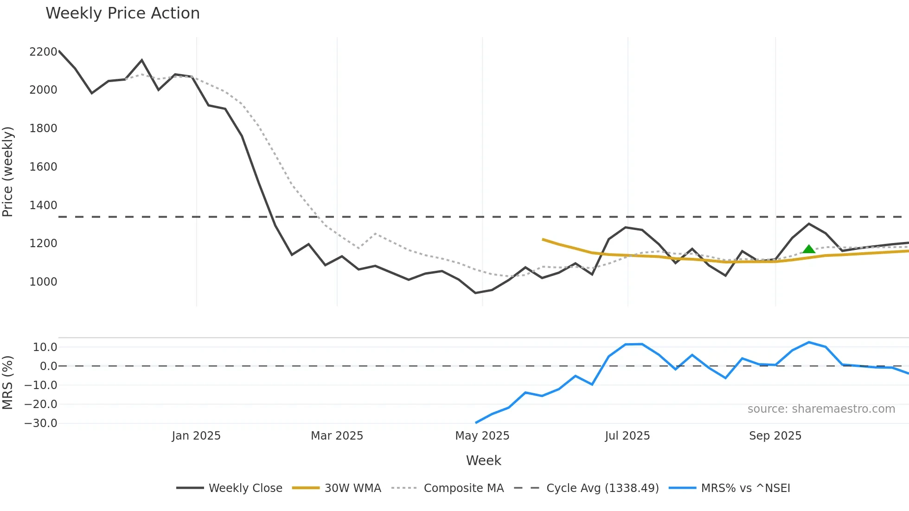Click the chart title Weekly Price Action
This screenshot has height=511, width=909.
pos(122,13)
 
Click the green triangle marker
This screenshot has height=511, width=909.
pos(809,249)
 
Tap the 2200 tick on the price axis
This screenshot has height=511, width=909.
pos(43,52)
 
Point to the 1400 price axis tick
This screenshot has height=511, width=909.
pos(43,205)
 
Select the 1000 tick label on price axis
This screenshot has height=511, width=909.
pos(43,282)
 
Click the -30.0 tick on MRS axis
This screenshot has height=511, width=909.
pos(41,423)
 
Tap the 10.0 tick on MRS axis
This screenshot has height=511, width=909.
pos(45,347)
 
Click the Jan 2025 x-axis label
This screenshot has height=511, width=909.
pos(196,436)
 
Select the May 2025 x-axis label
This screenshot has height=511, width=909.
pos(482,436)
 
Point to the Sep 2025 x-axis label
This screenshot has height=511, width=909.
pos(775,436)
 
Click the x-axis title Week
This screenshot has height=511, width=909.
pos(483,460)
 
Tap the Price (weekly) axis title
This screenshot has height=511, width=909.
pos(8,172)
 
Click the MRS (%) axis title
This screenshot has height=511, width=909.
pos(8,383)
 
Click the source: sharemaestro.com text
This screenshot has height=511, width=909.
pos(821,409)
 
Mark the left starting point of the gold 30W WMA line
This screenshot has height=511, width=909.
pos(543,239)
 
